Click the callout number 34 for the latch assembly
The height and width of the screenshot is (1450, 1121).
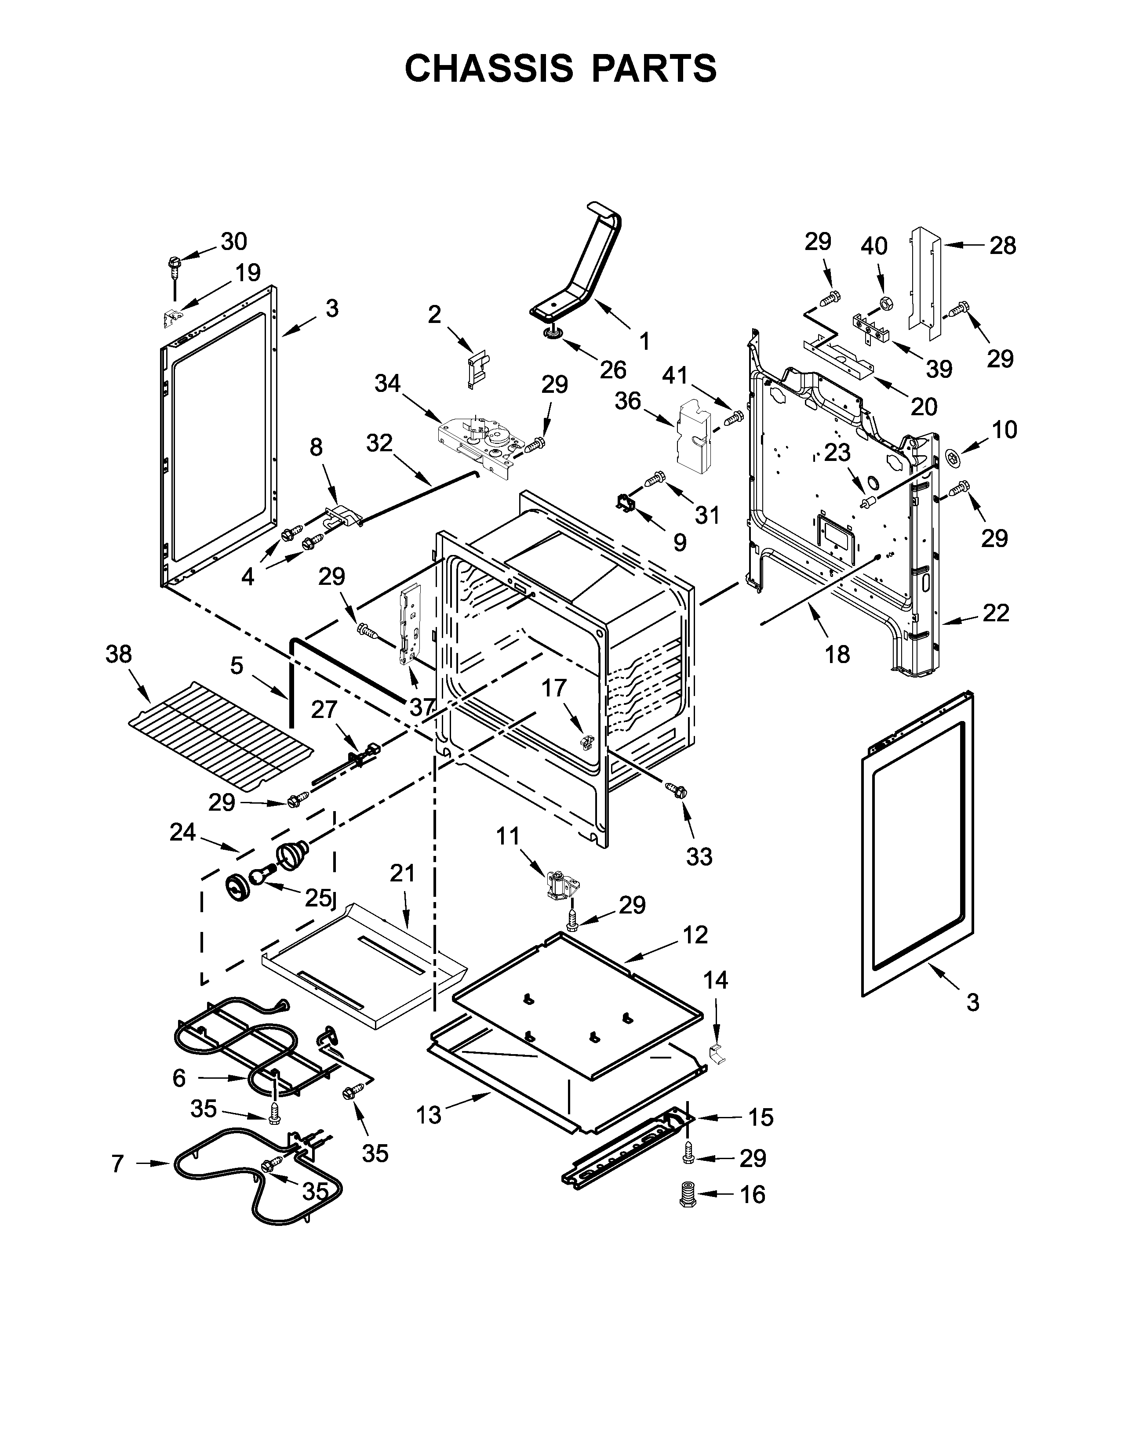pos(388,383)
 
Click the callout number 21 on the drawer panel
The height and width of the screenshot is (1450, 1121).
pos(402,873)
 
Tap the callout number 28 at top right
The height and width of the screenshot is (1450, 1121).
pos(1003,246)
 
